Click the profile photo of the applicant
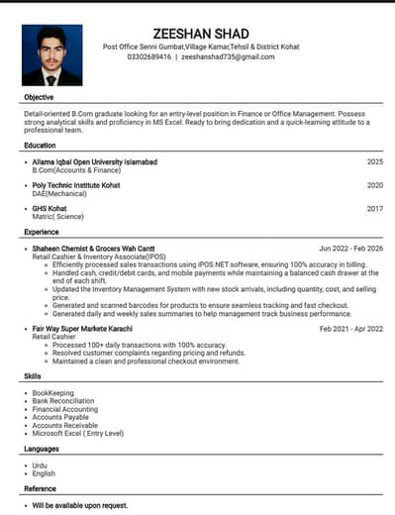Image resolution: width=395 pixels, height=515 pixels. click(x=52, y=55)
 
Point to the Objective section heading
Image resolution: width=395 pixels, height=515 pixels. click(x=39, y=98)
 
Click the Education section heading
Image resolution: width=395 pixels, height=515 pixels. click(x=41, y=146)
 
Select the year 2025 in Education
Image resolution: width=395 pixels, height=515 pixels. click(x=374, y=160)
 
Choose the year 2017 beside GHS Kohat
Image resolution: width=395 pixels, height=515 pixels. click(x=374, y=208)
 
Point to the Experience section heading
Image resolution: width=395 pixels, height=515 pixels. click(x=42, y=232)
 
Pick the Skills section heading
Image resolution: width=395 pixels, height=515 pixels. click(x=33, y=376)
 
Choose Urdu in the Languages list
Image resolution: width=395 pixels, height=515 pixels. click(x=40, y=464)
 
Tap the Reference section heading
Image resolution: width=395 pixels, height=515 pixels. click(x=40, y=488)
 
